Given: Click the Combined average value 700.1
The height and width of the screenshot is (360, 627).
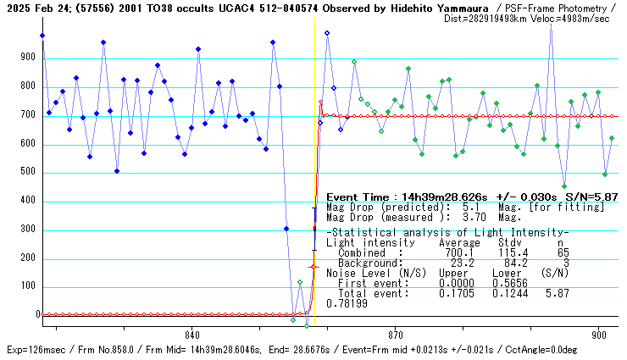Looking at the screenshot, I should point(454,252).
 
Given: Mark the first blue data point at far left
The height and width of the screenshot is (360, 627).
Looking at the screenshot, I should point(42,36).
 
